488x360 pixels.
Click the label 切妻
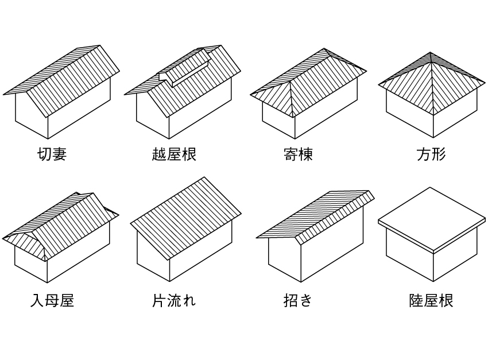(x=52, y=154)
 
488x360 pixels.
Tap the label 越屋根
(x=174, y=154)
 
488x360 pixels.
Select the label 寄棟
(x=298, y=154)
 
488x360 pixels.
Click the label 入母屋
(x=52, y=300)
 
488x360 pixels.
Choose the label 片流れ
(x=174, y=300)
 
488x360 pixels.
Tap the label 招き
(x=298, y=300)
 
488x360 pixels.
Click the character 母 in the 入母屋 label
(x=52, y=300)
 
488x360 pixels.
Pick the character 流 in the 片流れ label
(x=174, y=300)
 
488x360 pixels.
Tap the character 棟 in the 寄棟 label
(x=305, y=154)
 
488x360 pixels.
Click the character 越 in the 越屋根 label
(x=159, y=154)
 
